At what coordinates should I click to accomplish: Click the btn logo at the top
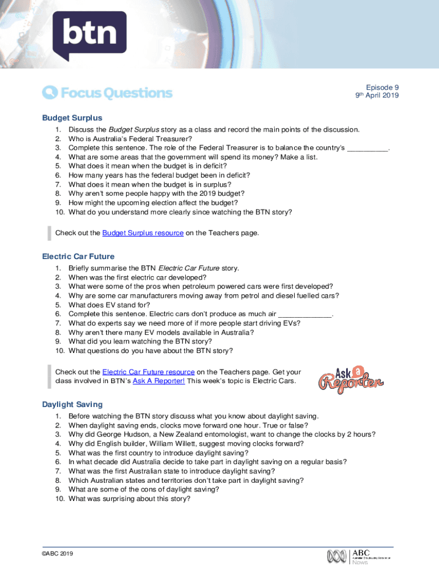89,34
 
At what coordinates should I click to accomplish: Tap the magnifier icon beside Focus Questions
50,93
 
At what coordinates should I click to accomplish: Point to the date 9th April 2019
377,96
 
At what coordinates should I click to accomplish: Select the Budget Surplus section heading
72,118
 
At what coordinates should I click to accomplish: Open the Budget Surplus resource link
143,233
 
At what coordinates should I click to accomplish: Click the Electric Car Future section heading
78,256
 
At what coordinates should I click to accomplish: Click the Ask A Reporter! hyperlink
158,381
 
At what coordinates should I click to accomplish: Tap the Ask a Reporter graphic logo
350,380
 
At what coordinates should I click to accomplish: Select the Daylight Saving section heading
72,404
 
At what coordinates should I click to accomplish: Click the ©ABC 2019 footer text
57,553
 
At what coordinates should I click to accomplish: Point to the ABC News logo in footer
359,556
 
